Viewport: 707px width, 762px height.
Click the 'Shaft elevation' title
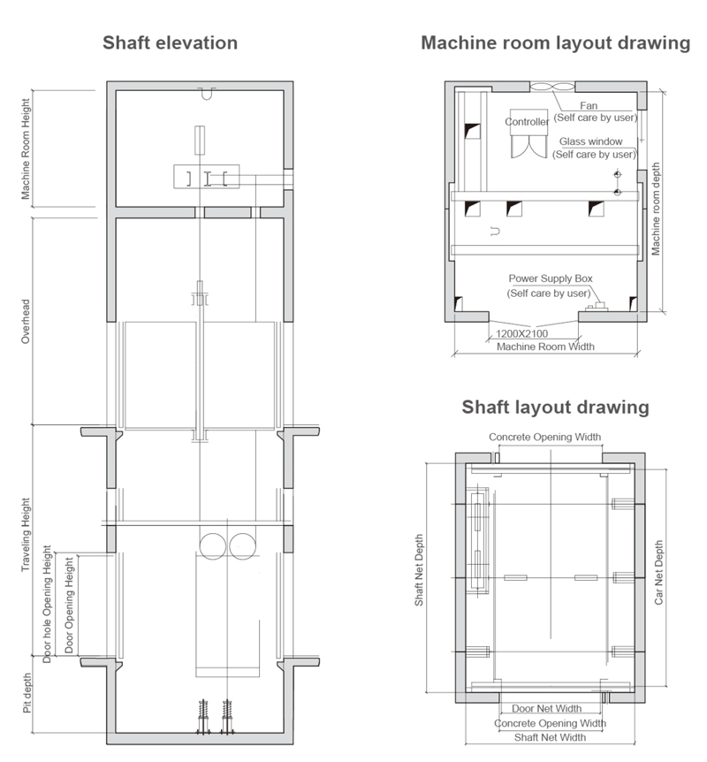(x=170, y=42)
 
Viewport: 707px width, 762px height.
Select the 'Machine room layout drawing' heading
(x=555, y=42)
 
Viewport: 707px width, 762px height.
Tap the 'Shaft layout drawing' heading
(x=555, y=408)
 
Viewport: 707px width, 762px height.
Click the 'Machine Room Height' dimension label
(x=26, y=149)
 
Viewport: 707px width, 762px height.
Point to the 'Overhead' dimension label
(x=26, y=322)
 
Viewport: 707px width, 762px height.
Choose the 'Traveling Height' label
(x=26, y=535)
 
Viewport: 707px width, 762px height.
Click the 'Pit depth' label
(x=27, y=693)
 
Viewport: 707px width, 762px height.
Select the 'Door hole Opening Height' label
(x=47, y=604)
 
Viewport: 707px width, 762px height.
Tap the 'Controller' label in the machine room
(x=527, y=122)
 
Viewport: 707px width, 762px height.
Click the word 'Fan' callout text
(x=589, y=105)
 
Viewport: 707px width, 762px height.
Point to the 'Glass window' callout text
(x=591, y=141)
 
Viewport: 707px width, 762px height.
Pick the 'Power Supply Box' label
(x=551, y=278)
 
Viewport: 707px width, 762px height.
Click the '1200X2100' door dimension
(x=522, y=334)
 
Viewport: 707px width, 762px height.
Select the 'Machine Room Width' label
(x=545, y=347)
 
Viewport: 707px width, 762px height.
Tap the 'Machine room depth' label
(x=656, y=209)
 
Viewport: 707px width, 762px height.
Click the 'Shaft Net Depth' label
(x=419, y=570)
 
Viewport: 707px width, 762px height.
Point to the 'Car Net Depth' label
(x=659, y=573)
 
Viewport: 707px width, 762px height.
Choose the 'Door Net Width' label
(x=547, y=709)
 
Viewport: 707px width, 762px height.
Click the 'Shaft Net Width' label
(x=550, y=737)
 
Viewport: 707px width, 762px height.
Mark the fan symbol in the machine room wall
(x=552, y=87)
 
